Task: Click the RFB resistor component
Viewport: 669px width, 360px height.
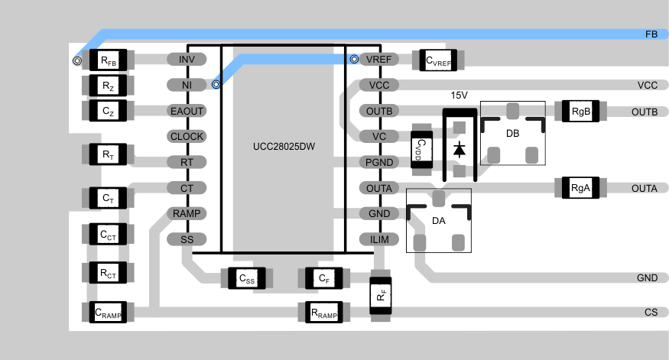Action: coord(108,60)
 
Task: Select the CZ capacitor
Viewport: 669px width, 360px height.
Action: coord(108,111)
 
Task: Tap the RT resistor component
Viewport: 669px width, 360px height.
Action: coord(108,155)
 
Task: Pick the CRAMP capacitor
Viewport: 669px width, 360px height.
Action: coord(108,312)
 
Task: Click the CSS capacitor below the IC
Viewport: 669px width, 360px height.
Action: coord(246,279)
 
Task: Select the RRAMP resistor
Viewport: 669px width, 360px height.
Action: coord(323,312)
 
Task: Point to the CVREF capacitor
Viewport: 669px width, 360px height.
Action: coord(439,60)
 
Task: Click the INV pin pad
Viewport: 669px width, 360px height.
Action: coord(187,60)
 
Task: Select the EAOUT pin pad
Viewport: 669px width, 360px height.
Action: coord(187,111)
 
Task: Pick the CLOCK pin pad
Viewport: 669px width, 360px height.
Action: coord(187,137)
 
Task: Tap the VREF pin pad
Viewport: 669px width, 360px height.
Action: coord(379,60)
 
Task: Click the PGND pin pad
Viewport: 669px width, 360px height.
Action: coord(379,162)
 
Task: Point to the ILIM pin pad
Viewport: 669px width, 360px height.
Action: coord(379,239)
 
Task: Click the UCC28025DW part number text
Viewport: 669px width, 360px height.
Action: coord(284,144)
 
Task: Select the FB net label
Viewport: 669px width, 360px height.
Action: coord(651,34)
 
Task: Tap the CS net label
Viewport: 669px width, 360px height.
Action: coord(651,312)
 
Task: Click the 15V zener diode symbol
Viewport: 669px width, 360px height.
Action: coord(459,148)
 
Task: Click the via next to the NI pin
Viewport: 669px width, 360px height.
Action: coord(216,85)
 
